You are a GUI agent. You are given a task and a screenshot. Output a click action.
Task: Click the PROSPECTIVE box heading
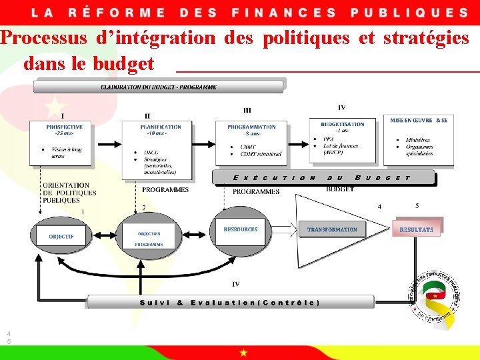click(65, 127)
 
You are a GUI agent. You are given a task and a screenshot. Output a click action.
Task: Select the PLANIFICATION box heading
click(161, 127)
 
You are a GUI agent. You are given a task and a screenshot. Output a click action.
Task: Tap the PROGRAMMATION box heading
click(251, 127)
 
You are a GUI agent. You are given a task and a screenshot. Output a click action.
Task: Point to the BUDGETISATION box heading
click(343, 124)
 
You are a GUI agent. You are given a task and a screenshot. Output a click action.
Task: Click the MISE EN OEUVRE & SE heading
click(419, 121)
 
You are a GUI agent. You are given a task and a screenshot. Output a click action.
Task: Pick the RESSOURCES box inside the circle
click(241, 230)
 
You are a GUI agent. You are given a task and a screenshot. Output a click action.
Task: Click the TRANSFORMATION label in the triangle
click(332, 230)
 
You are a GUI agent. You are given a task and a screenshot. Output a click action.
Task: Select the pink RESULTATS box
click(416, 229)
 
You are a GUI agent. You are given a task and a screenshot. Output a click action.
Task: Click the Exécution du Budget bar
click(323, 178)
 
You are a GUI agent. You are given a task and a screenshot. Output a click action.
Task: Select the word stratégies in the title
click(426, 38)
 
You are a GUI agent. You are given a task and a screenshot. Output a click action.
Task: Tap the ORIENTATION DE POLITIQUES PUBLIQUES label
click(69, 193)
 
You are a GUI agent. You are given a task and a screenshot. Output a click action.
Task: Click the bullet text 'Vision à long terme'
click(67, 153)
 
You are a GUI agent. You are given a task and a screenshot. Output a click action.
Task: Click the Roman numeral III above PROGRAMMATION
click(247, 111)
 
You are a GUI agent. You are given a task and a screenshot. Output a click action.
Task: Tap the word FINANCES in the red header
click(283, 13)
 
